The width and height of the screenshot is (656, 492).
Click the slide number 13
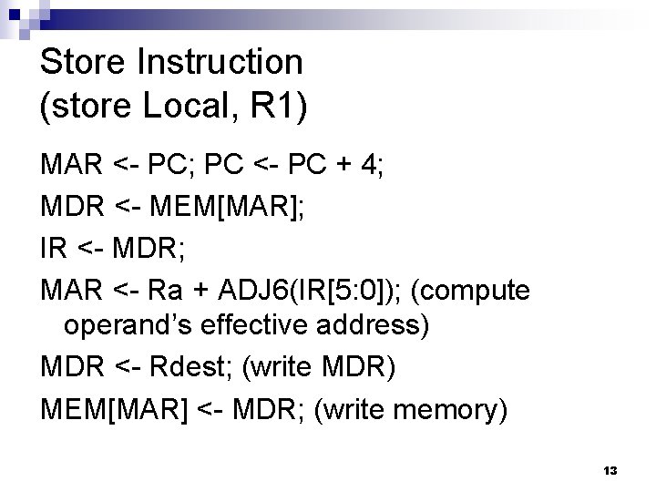click(610, 471)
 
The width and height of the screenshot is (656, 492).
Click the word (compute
click(471, 292)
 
